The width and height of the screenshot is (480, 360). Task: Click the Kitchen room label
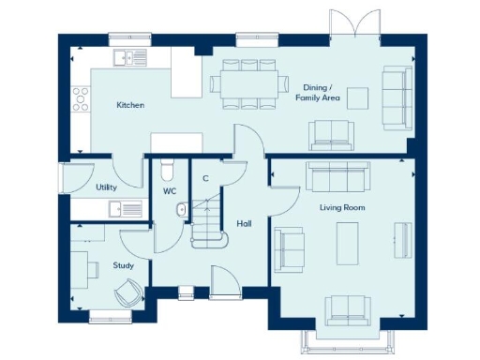click(x=130, y=105)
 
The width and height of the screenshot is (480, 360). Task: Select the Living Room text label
click(x=342, y=207)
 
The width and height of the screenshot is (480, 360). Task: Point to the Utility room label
click(x=106, y=187)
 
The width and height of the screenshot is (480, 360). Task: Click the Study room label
click(x=123, y=265)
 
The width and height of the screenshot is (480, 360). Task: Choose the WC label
click(x=170, y=191)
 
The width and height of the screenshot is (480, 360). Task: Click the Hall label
click(x=244, y=223)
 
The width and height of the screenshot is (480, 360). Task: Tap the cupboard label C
click(x=205, y=177)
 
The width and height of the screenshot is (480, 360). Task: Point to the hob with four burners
click(x=82, y=96)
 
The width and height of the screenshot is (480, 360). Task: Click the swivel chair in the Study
click(x=128, y=294)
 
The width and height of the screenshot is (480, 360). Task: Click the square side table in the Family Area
click(x=357, y=97)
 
